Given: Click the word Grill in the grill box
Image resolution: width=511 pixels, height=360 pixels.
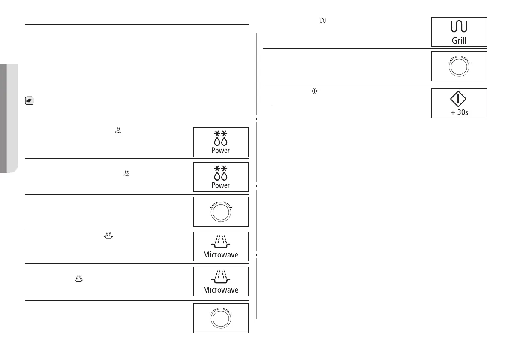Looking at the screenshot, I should point(459,41).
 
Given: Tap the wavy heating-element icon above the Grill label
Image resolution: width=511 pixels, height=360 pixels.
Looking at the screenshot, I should point(459,27).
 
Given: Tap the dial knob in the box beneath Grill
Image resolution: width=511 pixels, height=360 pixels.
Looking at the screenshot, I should point(459,67).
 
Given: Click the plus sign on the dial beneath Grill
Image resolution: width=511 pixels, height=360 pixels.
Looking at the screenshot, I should point(469,63).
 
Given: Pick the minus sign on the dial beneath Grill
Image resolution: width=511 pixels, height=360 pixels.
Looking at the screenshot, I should point(448,63).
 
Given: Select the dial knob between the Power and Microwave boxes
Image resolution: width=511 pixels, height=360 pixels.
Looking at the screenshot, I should point(220,213).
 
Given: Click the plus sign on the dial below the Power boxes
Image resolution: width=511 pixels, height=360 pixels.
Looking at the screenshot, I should point(231,208).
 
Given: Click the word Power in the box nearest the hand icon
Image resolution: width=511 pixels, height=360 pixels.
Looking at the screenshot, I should point(220,151).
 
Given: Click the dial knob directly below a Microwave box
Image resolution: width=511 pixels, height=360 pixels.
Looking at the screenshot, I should point(220,319).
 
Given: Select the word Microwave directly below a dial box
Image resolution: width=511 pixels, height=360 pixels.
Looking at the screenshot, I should point(220,255).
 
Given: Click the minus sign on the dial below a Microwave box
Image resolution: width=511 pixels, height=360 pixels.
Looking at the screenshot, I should point(210,315).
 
